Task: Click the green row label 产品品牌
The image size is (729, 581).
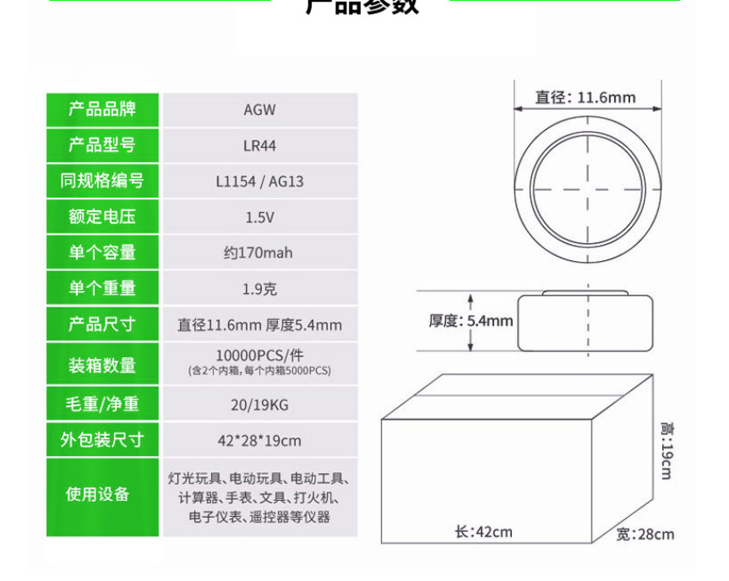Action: point(101,110)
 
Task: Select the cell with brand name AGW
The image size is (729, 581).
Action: point(259,110)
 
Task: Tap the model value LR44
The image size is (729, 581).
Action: point(259,145)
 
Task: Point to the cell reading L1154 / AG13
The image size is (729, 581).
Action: point(259,181)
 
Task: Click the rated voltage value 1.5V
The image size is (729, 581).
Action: point(259,217)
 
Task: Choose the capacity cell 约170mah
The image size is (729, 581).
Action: point(259,252)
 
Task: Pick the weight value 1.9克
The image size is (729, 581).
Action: point(259,289)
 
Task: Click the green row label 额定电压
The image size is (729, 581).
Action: point(101,217)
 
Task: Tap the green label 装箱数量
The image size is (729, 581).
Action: point(101,366)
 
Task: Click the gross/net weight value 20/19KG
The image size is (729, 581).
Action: point(259,405)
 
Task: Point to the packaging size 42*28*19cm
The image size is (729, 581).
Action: point(259,440)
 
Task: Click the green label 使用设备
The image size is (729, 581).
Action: point(101,495)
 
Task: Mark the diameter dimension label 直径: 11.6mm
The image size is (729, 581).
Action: point(585,97)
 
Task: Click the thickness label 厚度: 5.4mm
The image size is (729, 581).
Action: point(471,321)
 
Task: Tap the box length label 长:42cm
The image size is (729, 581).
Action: point(483,532)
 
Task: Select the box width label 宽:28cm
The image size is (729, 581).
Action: point(645,534)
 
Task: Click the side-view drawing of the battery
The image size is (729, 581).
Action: point(586,322)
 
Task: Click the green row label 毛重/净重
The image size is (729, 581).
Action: point(101,405)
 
